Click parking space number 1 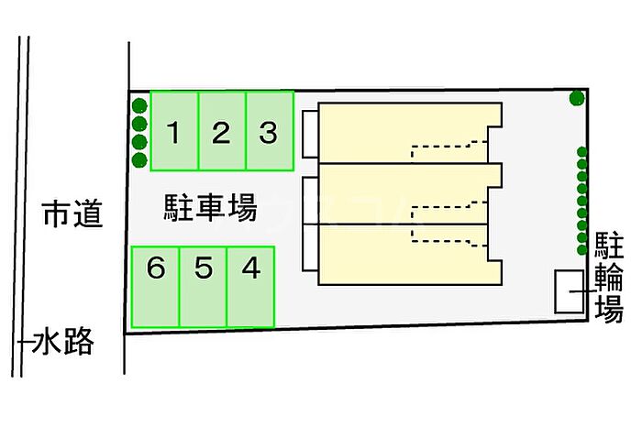click(x=174, y=131)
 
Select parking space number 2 click(x=222, y=131)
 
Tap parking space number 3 click(x=270, y=131)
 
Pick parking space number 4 click(x=250, y=287)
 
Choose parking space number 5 click(x=203, y=287)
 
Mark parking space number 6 click(x=155, y=287)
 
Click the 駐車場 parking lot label click(x=210, y=208)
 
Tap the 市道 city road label click(x=72, y=213)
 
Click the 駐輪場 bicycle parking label click(x=609, y=277)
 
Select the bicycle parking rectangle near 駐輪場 click(x=570, y=291)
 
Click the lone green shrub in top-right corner click(x=577, y=98)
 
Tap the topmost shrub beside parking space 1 click(x=139, y=106)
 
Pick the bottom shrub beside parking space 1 click(x=139, y=159)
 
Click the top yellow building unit click(x=410, y=133)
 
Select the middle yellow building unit click(x=410, y=194)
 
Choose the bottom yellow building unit click(x=410, y=255)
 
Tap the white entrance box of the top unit click(x=310, y=134)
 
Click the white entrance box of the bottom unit click(x=310, y=247)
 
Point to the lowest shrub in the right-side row click(x=581, y=249)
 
